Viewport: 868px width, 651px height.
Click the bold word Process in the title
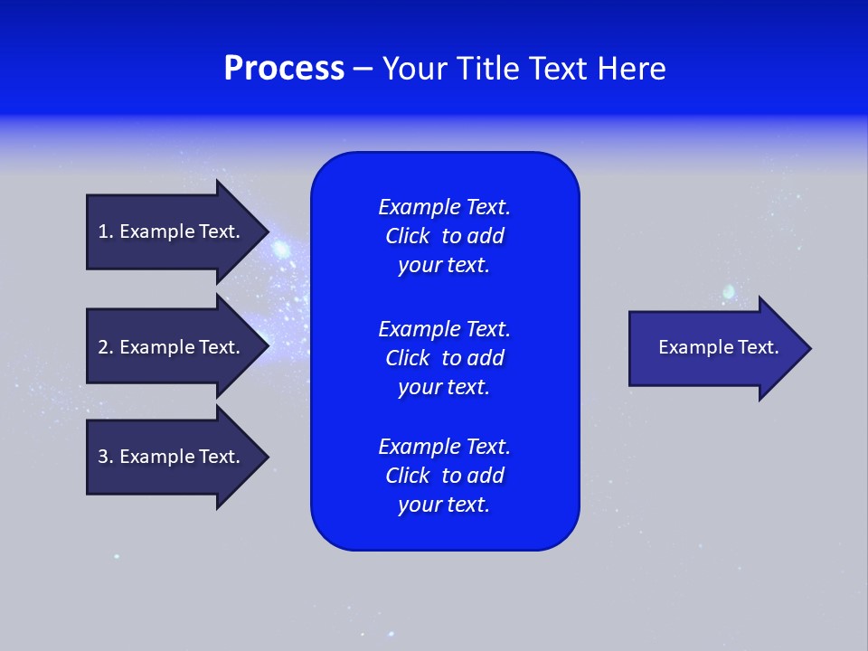(284, 69)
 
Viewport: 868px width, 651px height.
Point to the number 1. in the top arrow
(106, 231)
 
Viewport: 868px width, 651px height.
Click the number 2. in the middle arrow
(106, 347)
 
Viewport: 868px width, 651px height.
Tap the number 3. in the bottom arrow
(106, 457)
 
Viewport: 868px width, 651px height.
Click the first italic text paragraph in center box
(444, 236)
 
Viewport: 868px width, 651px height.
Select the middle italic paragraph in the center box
(444, 358)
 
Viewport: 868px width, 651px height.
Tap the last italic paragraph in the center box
(444, 476)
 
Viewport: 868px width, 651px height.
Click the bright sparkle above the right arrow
(729, 291)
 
